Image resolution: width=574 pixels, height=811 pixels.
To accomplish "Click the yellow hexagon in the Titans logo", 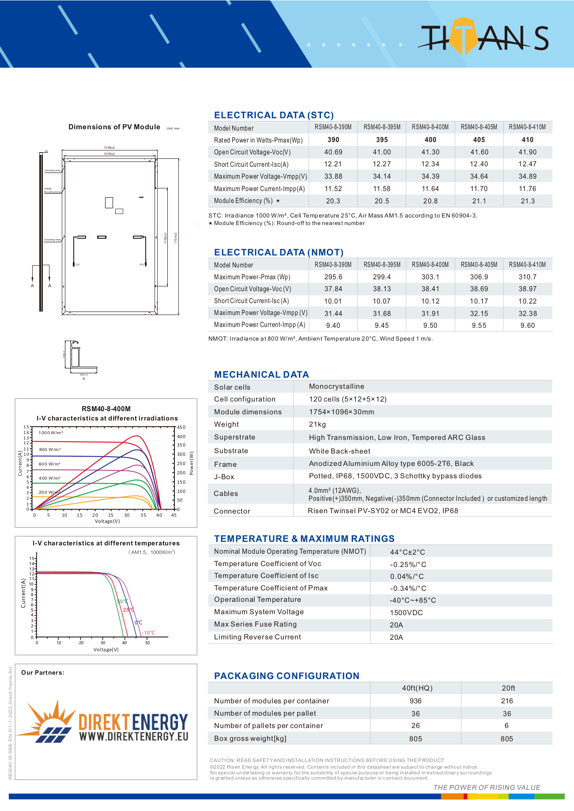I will pyautogui.click(x=463, y=35).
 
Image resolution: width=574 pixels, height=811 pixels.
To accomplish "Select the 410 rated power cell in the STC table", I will pyautogui.click(x=527, y=140).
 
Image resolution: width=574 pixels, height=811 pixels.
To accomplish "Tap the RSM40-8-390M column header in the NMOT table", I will pyautogui.click(x=333, y=265).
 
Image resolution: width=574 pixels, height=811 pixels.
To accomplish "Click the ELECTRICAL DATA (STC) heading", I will pyautogui.click(x=274, y=115).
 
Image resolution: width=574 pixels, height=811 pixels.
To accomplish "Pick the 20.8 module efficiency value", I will pyautogui.click(x=430, y=201).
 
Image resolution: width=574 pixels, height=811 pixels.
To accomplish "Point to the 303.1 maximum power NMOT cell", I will pyautogui.click(x=430, y=277).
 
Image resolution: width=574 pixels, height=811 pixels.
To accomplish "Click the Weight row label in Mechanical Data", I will pyautogui.click(x=227, y=424).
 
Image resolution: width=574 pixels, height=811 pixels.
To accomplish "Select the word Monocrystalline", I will pyautogui.click(x=336, y=387).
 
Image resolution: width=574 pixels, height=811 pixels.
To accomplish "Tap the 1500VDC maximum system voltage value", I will pyautogui.click(x=406, y=613).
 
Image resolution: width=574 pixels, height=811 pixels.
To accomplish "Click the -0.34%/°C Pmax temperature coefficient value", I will pyautogui.click(x=408, y=589).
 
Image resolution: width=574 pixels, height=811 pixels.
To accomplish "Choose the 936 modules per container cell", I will pyautogui.click(x=415, y=701).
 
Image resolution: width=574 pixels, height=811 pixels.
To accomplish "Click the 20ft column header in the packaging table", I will pyautogui.click(x=508, y=688).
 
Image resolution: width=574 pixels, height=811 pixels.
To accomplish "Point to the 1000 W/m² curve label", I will pyautogui.click(x=51, y=433).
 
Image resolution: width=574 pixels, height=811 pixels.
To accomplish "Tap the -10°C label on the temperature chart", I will pyautogui.click(x=149, y=633).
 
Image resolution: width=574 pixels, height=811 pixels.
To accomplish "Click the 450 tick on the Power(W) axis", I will pyautogui.click(x=181, y=428).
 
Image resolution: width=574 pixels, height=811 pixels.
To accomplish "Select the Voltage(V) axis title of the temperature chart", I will pyautogui.click(x=106, y=650).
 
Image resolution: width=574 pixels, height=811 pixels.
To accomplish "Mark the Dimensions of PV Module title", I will pyautogui.click(x=114, y=127).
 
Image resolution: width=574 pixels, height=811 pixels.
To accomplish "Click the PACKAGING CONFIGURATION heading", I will pyautogui.click(x=287, y=676).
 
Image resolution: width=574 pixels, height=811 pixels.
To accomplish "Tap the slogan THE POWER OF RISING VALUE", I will pyautogui.click(x=487, y=788).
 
